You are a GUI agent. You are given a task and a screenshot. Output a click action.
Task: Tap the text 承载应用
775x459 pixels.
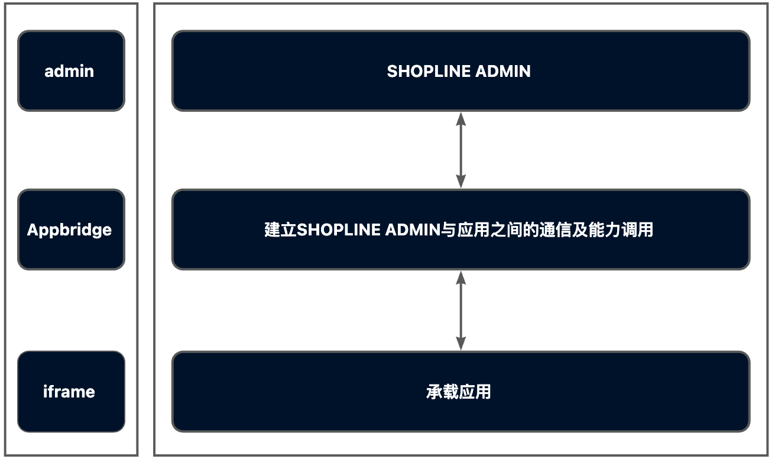pos(459,392)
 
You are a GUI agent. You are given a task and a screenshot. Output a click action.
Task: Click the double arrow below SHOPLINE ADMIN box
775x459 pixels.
pos(461,150)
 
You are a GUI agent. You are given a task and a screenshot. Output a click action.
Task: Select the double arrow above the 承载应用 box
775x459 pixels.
pos(461,311)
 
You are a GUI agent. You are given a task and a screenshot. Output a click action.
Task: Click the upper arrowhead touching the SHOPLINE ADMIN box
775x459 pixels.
pos(461,118)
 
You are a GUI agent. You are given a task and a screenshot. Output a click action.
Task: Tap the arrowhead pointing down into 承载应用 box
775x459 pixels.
pos(461,344)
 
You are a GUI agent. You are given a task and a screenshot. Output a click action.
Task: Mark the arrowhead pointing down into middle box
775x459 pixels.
pos(461,183)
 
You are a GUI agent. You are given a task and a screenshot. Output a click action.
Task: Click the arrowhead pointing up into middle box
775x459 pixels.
pos(461,277)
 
